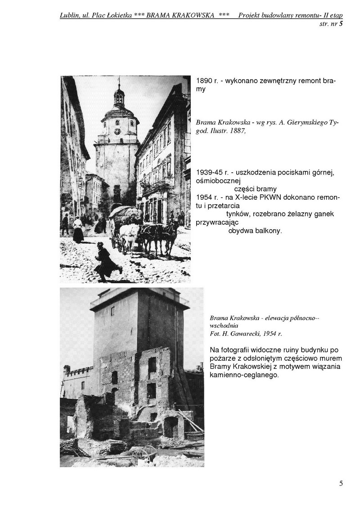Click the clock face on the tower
coord(117,131)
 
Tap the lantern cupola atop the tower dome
coord(119,95)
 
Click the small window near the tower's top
coord(112,311)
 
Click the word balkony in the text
coord(267,231)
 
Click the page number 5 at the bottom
coord(341,484)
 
